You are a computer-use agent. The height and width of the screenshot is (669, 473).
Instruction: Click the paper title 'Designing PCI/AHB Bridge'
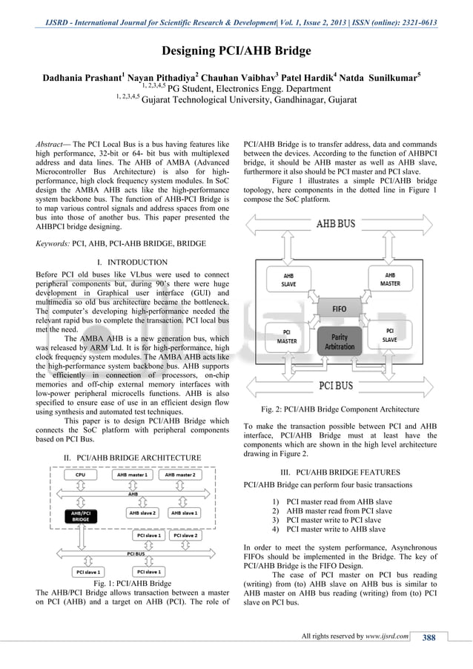click(x=236, y=51)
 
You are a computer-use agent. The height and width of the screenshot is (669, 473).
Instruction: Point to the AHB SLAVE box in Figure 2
click(x=288, y=279)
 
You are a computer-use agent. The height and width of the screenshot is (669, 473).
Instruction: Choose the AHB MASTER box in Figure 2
click(x=390, y=278)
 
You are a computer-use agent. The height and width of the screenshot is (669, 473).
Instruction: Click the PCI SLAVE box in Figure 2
click(x=390, y=335)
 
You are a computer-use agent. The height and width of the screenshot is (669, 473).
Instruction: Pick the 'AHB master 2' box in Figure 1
click(x=180, y=475)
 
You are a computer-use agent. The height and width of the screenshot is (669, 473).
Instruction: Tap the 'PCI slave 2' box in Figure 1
click(x=185, y=535)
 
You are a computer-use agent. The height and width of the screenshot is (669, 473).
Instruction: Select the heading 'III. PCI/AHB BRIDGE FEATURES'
click(x=340, y=472)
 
